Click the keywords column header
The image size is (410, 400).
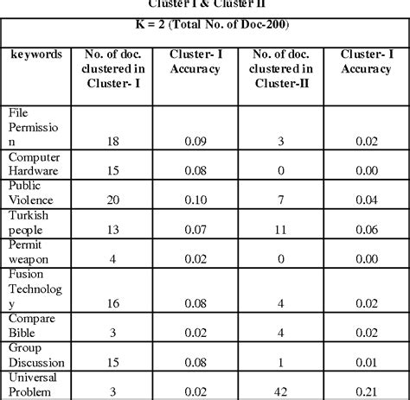click(36, 54)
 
